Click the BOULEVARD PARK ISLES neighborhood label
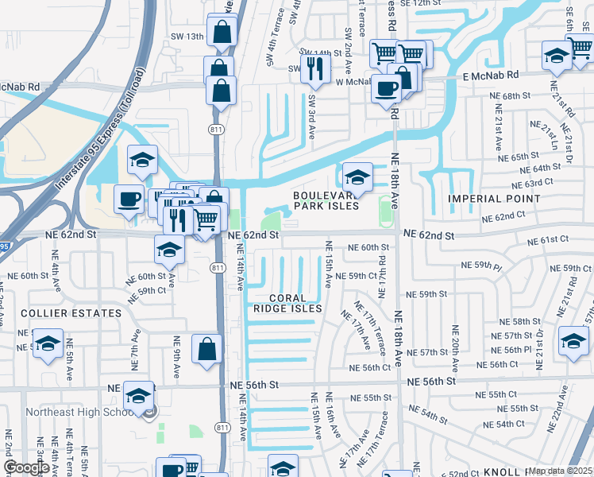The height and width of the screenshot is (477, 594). click(326, 200)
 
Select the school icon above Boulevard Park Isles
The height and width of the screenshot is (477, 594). click(357, 178)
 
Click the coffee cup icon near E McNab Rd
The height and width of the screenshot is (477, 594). click(387, 87)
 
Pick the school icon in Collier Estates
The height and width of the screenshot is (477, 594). click(48, 344)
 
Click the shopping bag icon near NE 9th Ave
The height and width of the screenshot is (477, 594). click(206, 349)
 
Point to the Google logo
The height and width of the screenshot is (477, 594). click(27, 467)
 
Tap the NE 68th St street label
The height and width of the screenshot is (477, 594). click(511, 95)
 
